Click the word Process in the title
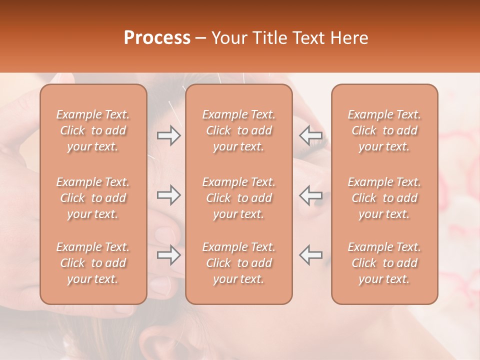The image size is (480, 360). [157, 38]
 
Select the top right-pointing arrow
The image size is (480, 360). [168, 135]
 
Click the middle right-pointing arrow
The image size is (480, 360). [168, 195]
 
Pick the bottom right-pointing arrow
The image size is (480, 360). [168, 255]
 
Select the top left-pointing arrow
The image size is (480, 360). [310, 135]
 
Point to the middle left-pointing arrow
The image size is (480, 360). [310, 195]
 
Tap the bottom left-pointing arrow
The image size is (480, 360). [310, 255]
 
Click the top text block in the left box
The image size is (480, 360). [93, 130]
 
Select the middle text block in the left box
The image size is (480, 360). [93, 198]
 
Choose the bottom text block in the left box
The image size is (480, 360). [93, 263]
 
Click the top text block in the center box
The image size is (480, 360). [239, 130]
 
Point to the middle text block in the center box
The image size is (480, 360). [239, 198]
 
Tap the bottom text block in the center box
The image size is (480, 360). [239, 263]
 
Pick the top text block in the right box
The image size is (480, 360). [384, 130]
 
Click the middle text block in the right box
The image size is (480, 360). [384, 198]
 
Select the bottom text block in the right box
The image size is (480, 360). [384, 263]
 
